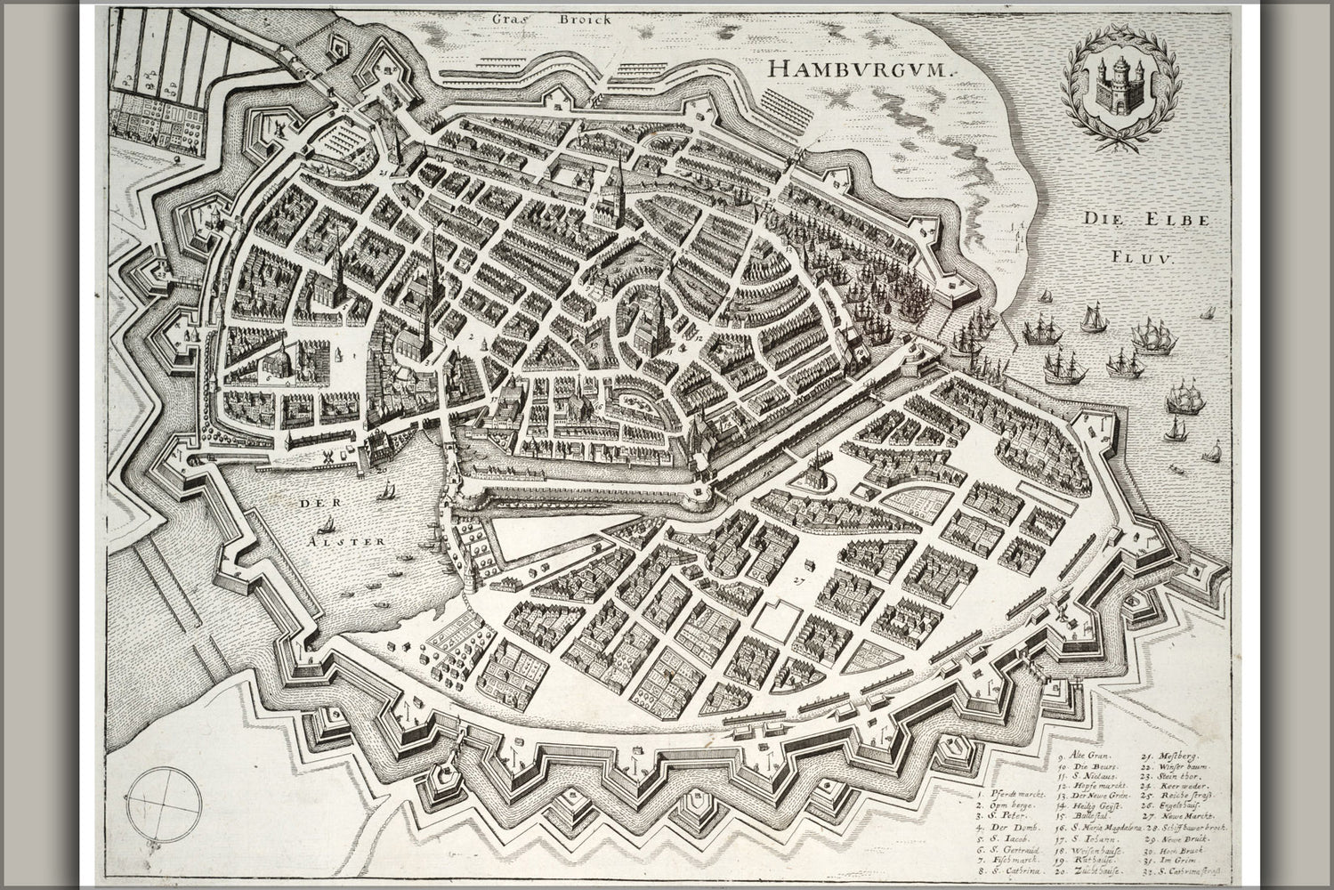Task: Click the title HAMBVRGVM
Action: (858, 69)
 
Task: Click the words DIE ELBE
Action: (1145, 219)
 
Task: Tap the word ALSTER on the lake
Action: (355, 540)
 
